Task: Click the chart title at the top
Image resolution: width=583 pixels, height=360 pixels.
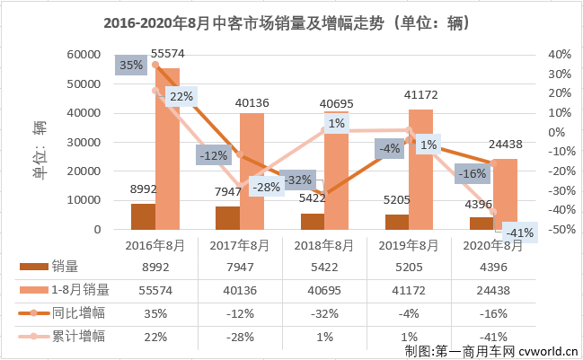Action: (x=291, y=20)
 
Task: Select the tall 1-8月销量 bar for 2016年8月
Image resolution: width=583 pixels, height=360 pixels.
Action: (x=168, y=148)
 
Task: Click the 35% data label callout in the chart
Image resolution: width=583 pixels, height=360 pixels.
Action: (x=130, y=65)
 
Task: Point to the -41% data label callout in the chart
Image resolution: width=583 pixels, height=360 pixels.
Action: (x=518, y=232)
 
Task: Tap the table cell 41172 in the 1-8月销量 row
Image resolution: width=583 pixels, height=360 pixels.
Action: (x=408, y=289)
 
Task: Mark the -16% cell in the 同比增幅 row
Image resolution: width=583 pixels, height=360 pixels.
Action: (x=492, y=312)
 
